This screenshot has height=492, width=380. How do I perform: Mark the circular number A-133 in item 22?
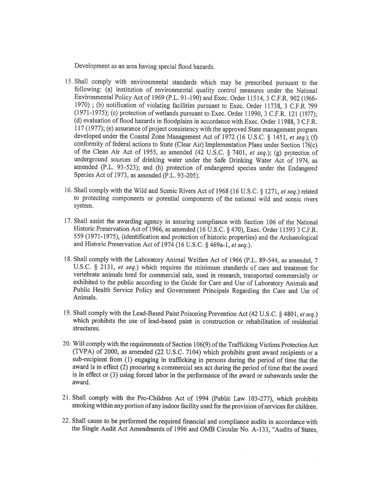pyautogui.click(x=261, y=430)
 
